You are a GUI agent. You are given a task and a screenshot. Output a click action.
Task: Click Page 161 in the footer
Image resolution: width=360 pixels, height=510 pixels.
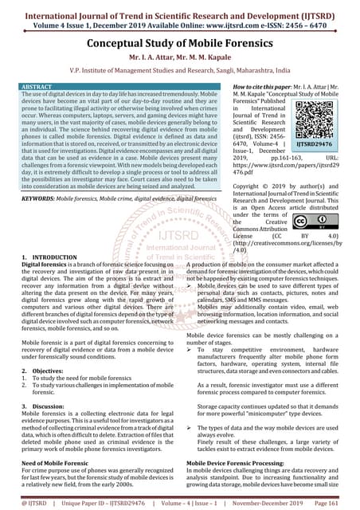coord(336,503)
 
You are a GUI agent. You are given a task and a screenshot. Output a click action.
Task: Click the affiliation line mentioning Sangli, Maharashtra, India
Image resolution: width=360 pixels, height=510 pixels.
coord(180,70)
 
